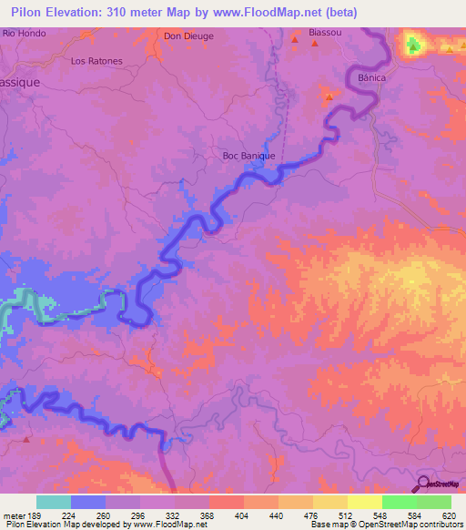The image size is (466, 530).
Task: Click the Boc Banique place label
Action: point(248,156)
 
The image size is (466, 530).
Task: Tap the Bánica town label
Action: point(372,78)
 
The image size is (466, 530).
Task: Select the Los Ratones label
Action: point(96,62)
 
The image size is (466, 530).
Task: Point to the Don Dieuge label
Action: point(188,36)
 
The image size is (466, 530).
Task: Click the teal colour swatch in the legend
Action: point(54,502)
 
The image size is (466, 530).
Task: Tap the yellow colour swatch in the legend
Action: point(364,502)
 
